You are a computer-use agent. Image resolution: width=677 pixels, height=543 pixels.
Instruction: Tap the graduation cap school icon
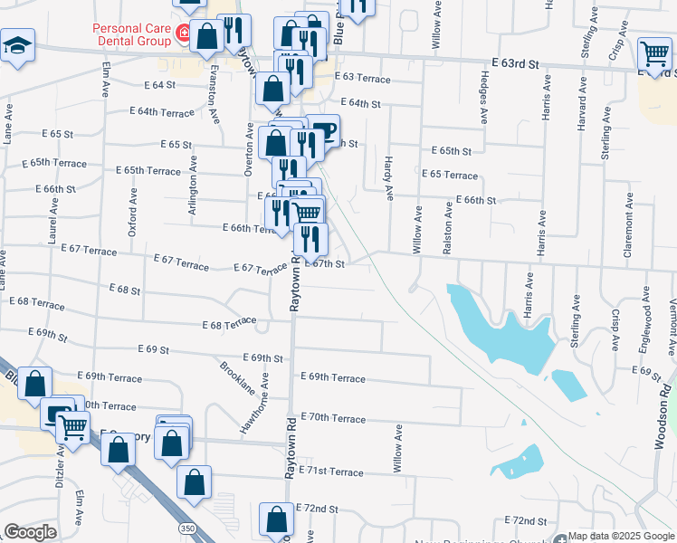[16, 45]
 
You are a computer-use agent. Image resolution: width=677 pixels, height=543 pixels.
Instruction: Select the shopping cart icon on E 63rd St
[654, 52]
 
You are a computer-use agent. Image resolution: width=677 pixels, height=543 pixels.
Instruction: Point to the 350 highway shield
[186, 528]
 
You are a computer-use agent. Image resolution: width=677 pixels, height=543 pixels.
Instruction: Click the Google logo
[31, 532]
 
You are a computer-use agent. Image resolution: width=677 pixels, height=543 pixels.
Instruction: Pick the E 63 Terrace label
[362, 79]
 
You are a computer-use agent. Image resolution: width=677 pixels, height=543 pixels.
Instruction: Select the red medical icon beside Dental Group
[184, 34]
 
